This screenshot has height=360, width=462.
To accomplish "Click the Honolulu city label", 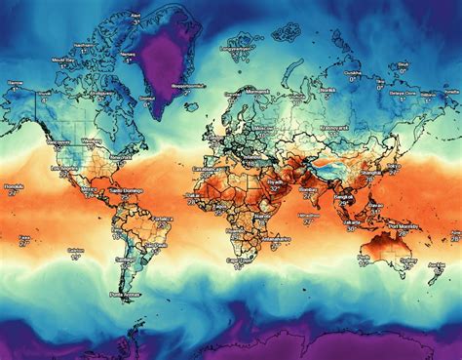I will (x=13, y=184).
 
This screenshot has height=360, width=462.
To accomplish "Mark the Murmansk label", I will (x=256, y=89).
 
